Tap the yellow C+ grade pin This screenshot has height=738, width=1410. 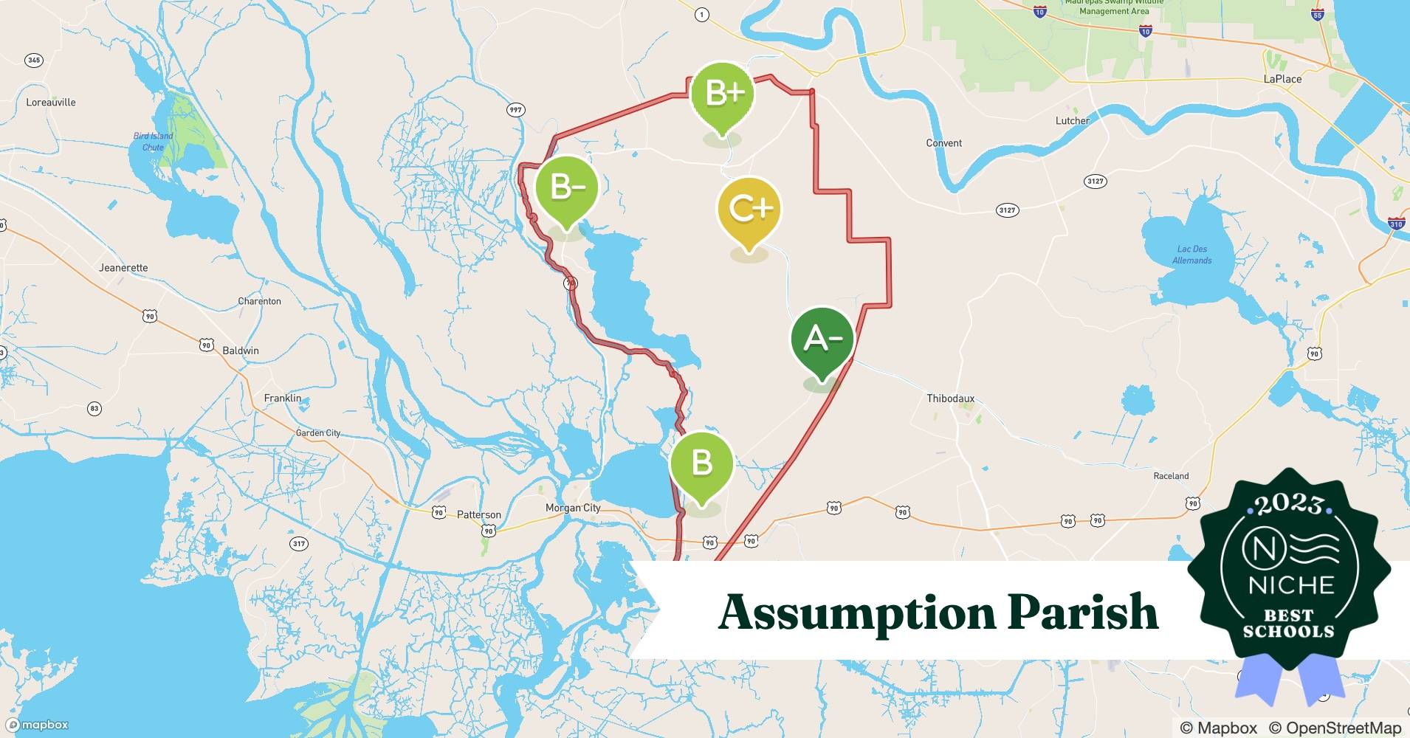click(749, 209)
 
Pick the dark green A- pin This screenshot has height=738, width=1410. click(822, 339)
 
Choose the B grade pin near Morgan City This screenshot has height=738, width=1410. click(701, 463)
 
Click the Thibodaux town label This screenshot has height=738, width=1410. click(950, 399)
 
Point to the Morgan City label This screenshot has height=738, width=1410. click(573, 508)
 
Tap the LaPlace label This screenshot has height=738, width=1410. click(1282, 79)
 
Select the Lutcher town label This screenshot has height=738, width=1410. click(1072, 121)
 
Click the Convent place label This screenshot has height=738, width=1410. click(943, 143)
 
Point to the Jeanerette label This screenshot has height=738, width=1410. click(123, 268)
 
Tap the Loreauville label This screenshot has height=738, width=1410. click(51, 103)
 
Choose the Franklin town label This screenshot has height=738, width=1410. click(283, 399)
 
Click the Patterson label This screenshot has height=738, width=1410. click(478, 515)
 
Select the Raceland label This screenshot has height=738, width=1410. click(1171, 476)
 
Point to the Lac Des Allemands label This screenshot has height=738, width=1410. click(1191, 255)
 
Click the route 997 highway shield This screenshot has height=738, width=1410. click(515, 110)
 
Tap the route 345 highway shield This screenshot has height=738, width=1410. click(33, 61)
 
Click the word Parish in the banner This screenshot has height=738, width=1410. click(1083, 613)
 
